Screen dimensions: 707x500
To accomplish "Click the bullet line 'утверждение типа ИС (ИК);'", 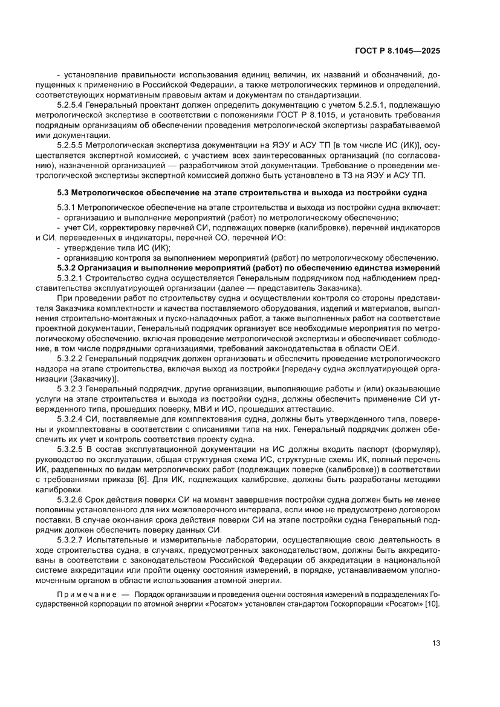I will click(114, 247).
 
